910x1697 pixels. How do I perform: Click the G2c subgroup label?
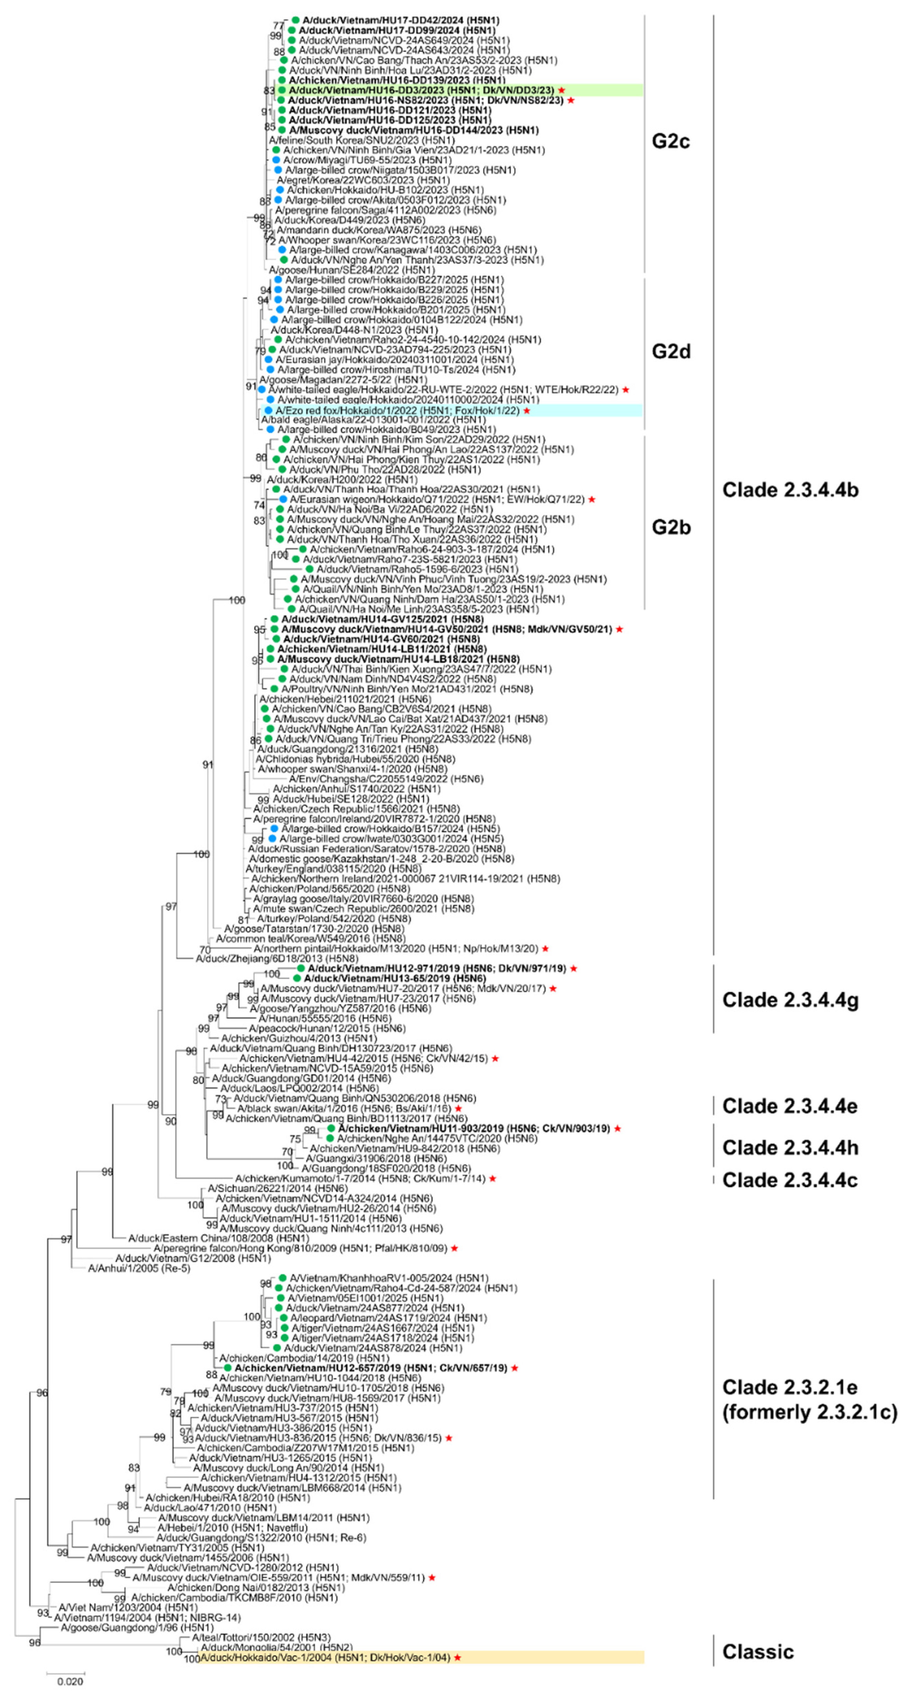point(670,142)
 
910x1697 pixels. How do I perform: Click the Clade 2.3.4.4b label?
point(790,490)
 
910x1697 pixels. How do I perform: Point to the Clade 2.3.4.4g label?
point(790,1000)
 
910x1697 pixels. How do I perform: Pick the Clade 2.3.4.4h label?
point(790,1148)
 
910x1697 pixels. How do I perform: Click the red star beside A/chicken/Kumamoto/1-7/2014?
point(493,1178)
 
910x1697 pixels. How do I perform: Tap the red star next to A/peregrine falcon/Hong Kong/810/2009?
point(454,1248)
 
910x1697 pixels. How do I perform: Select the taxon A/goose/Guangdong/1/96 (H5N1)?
point(137,1628)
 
